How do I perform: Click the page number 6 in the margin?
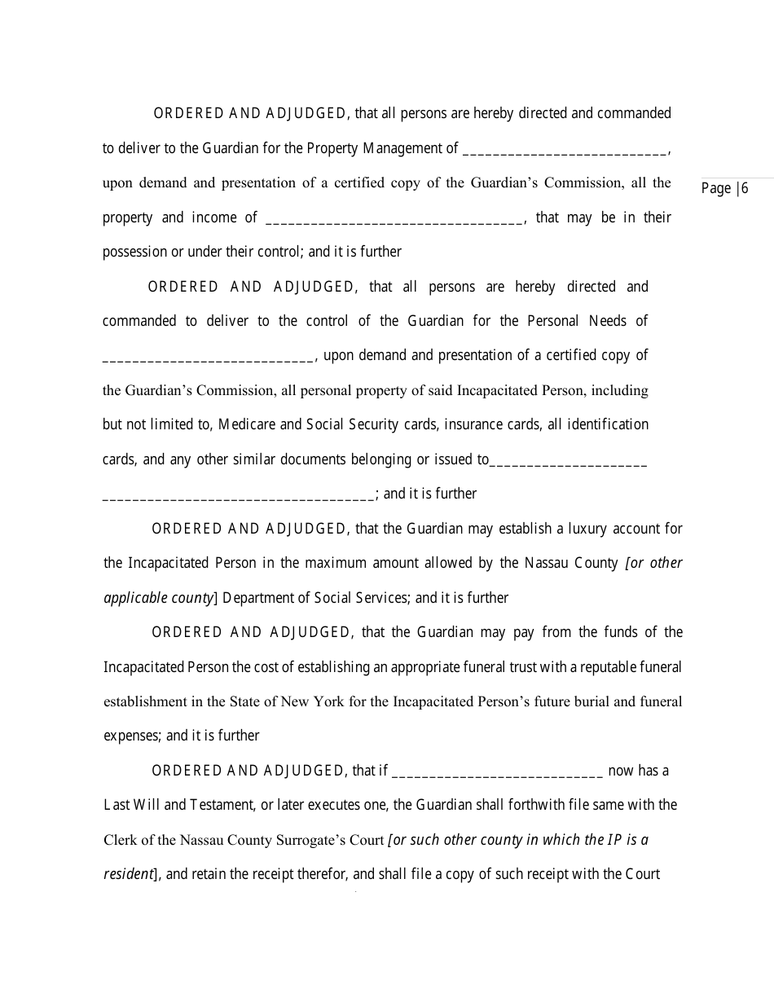tap(744, 189)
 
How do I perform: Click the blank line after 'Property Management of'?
tap(565, 148)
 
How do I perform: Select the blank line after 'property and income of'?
tap(394, 218)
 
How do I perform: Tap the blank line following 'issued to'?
tap(568, 459)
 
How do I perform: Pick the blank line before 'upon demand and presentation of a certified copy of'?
tap(208, 356)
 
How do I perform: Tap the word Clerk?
tap(121, 840)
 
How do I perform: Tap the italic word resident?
tap(128, 874)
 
